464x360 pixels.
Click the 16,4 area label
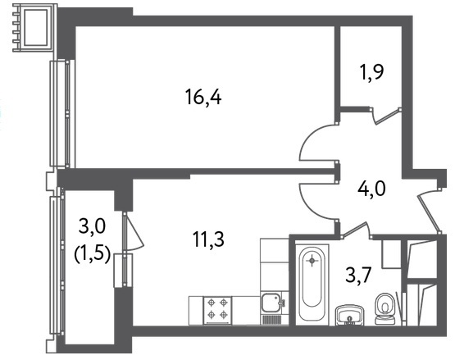(x=203, y=97)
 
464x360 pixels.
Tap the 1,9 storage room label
(x=371, y=72)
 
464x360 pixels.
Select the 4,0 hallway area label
(x=371, y=189)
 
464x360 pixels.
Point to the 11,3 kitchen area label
(x=208, y=239)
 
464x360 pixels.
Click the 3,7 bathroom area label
(x=358, y=275)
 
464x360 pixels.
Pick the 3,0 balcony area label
(x=92, y=226)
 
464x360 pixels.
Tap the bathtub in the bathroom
(x=312, y=285)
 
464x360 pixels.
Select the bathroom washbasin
(x=349, y=315)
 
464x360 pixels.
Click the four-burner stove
(x=217, y=310)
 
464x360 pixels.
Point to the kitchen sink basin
(x=271, y=303)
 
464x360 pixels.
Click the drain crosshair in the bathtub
(x=312, y=261)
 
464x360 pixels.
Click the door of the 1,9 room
(x=386, y=116)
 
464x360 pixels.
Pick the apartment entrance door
(x=429, y=212)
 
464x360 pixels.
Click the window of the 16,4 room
(x=62, y=114)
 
